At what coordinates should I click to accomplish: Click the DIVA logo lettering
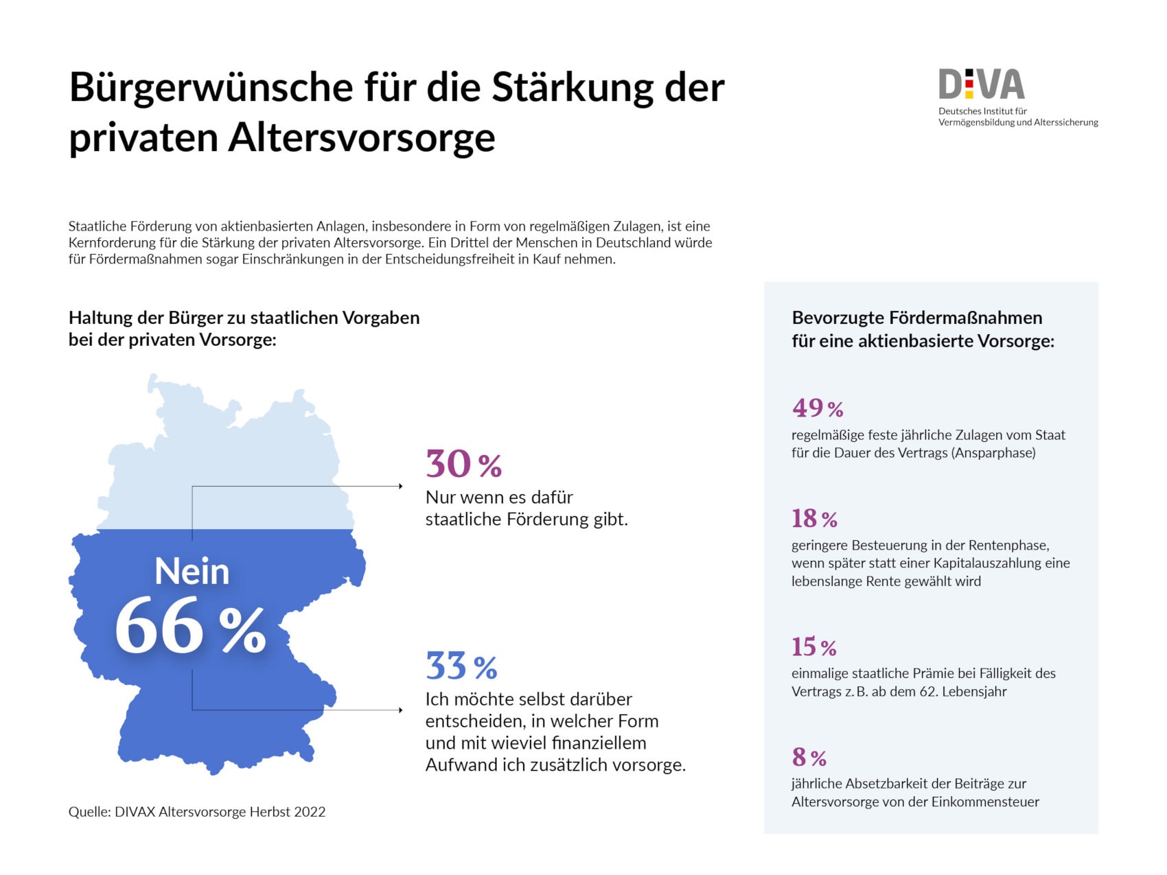point(981,84)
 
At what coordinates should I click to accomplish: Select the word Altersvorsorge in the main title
point(361,137)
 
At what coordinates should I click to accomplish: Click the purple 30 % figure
point(463,465)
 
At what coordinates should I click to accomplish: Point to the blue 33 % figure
point(461,666)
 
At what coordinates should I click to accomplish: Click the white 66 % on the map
point(190,626)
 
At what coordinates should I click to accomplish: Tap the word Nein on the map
point(192,571)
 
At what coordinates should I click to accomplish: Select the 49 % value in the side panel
point(818,408)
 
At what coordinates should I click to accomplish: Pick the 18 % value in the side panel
point(814,519)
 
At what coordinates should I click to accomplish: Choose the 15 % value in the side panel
point(813,647)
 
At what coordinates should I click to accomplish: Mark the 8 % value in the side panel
point(809,758)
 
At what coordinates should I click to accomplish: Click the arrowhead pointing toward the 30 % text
point(400,487)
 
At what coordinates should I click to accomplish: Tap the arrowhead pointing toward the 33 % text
point(400,710)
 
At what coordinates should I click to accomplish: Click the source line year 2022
point(310,812)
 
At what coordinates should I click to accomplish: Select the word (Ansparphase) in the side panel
point(993,453)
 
